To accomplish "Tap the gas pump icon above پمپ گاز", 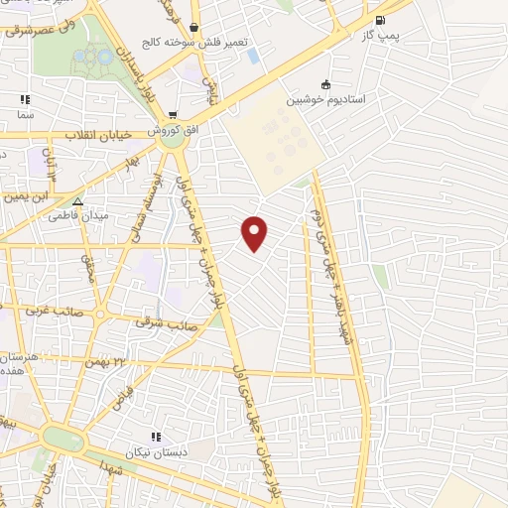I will pos(379,20).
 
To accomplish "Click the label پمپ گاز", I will pos(379,35).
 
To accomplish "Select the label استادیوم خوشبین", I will pos(325,99).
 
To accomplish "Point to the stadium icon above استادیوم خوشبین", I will pos(325,84).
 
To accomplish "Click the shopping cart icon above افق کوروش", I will pos(174,114).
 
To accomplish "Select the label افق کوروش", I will pos(171,130).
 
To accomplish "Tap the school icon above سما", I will pos(25,99).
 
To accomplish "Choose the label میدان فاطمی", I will pos(78,215).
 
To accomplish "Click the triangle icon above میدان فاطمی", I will pos(77,200).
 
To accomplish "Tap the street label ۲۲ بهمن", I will pos(122,361).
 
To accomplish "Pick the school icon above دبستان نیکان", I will pos(155,437).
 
